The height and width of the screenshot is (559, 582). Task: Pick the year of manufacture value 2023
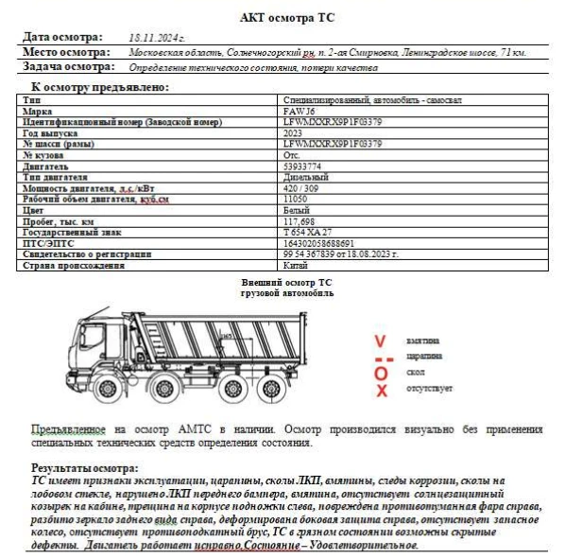pyautogui.click(x=292, y=133)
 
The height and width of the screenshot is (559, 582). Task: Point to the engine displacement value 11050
pyautogui.click(x=295, y=200)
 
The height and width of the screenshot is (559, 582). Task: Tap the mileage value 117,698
pyautogui.click(x=299, y=221)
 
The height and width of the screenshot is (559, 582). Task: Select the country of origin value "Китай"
pyautogui.click(x=294, y=266)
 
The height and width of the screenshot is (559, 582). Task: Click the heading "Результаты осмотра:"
pyautogui.click(x=85, y=468)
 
